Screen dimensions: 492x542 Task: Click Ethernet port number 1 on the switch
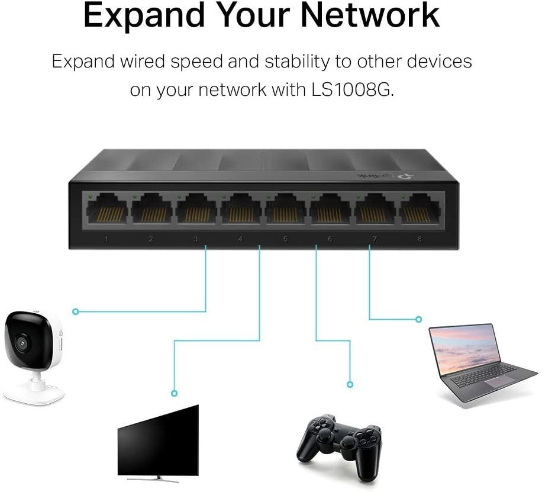(107, 210)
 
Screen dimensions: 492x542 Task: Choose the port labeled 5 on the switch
(285, 210)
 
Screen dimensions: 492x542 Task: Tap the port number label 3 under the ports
(195, 239)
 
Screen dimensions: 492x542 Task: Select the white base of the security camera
(36, 391)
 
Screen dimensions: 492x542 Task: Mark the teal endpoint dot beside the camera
(75, 311)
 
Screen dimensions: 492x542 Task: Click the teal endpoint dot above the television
(173, 393)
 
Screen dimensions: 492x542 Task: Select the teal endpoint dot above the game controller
(351, 384)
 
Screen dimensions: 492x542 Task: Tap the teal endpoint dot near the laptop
(418, 319)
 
